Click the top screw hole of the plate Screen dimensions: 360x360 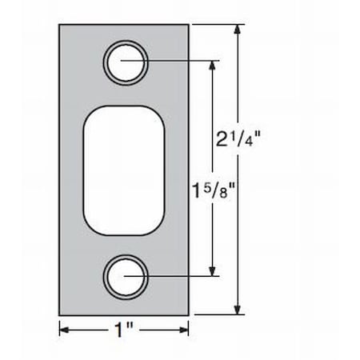pos(127,61)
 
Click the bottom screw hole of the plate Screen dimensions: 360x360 pos(127,277)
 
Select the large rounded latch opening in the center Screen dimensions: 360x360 pos(123,168)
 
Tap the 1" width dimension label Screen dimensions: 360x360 pos(124,329)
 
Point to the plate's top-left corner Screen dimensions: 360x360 pos(59,25)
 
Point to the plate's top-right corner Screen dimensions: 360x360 pos(189,25)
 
